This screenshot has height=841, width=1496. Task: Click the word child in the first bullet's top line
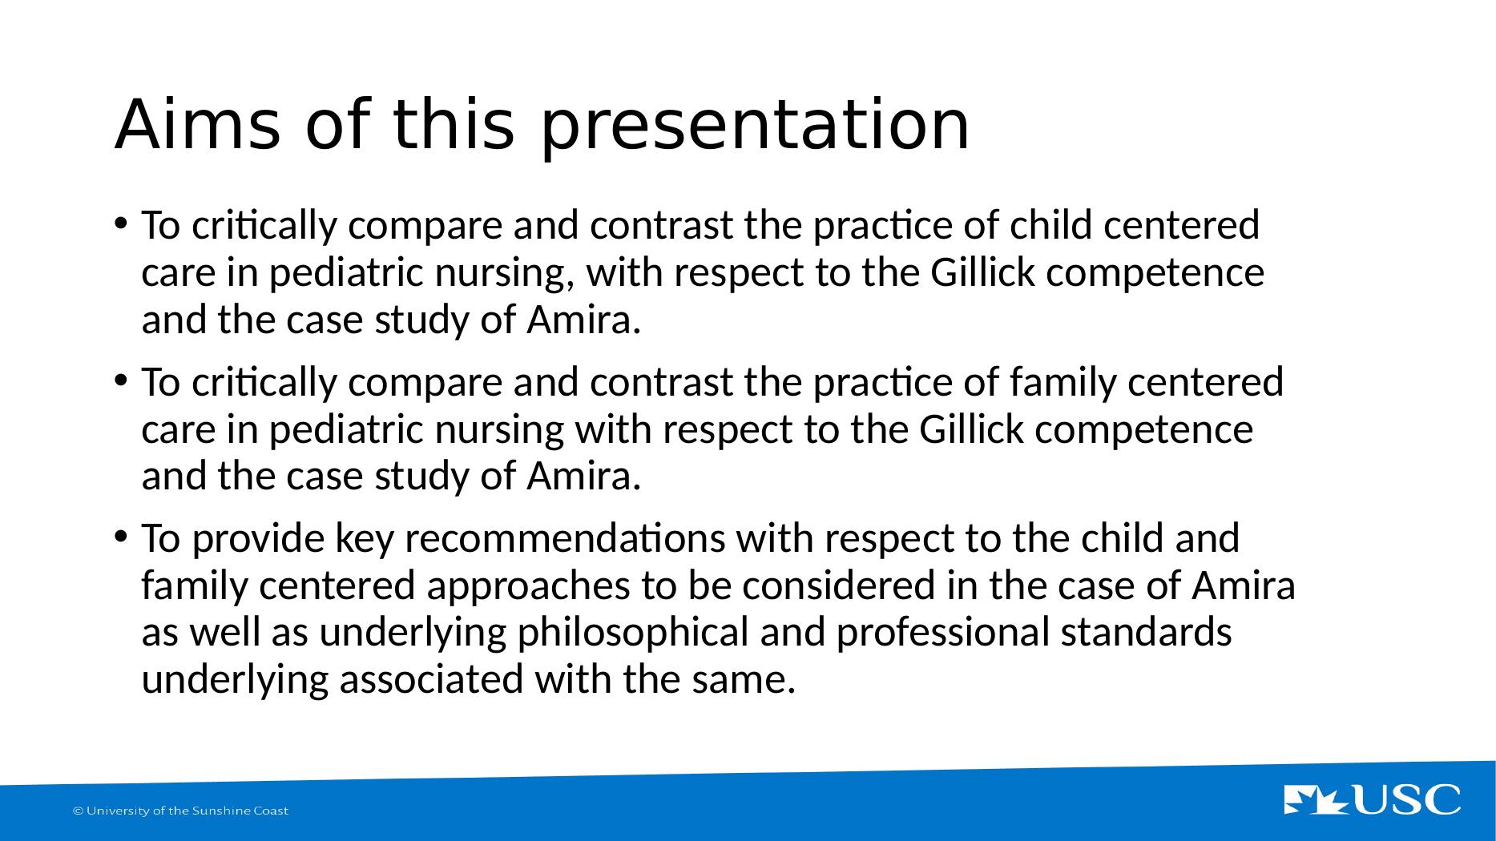tap(1050, 225)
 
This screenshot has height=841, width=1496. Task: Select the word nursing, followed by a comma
tap(505, 273)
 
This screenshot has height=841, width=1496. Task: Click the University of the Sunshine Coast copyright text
tap(181, 811)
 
